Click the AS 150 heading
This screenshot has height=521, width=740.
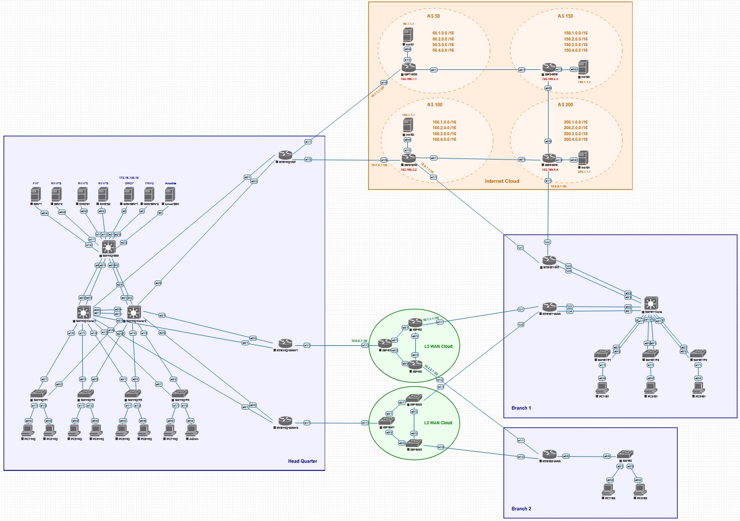click(565, 16)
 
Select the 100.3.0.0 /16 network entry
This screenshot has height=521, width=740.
click(444, 134)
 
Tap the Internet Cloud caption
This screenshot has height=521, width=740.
click(501, 181)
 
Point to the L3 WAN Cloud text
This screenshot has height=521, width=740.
click(438, 346)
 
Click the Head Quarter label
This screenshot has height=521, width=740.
click(302, 461)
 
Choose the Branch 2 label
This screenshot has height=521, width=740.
click(521, 509)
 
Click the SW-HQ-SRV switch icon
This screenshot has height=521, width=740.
click(108, 247)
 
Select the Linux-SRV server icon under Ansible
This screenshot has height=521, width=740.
click(170, 194)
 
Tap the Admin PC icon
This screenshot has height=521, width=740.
click(191, 430)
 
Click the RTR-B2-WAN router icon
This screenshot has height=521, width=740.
click(550, 454)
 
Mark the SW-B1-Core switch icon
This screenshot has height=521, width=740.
click(651, 304)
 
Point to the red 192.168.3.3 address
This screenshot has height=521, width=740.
click(550, 79)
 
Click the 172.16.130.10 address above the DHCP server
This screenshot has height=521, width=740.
click(129, 178)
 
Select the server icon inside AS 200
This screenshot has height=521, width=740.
click(583, 158)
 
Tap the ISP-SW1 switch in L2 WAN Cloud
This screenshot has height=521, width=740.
click(386, 421)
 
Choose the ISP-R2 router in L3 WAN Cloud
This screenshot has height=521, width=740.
click(415, 323)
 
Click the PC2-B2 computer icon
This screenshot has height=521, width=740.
click(640, 490)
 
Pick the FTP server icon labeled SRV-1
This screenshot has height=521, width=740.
click(35, 194)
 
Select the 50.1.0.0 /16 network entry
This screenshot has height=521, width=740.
click(443, 33)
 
